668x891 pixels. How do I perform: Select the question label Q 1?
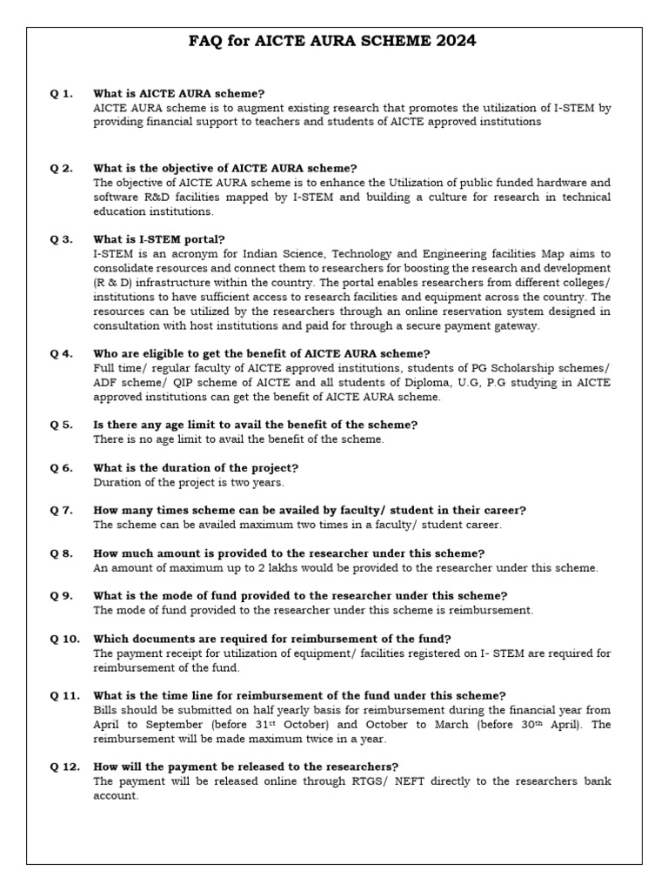coord(62,93)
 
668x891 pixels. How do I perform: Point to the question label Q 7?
coord(62,510)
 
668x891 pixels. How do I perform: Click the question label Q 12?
coord(65,767)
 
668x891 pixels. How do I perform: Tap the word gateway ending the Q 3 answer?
coord(515,325)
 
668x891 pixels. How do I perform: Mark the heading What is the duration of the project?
coord(196,467)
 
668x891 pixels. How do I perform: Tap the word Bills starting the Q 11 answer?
coord(107,709)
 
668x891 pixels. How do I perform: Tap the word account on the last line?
coord(115,795)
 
